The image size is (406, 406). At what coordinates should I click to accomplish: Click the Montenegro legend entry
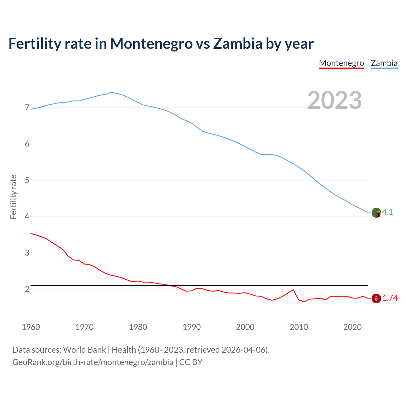(341, 63)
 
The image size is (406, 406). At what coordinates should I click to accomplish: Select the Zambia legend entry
(384, 63)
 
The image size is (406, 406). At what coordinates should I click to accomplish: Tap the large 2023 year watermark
(335, 100)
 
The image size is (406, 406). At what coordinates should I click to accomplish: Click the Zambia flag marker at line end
(376, 213)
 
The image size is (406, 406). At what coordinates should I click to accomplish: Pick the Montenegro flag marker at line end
(376, 298)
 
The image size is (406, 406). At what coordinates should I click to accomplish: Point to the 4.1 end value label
(388, 212)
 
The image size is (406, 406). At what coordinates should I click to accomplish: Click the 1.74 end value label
(390, 298)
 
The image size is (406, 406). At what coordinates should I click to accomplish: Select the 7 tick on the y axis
(27, 108)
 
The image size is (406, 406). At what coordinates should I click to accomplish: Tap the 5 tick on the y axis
(27, 180)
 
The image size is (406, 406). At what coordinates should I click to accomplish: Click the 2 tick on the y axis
(27, 289)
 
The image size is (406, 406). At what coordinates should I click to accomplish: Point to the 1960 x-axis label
(31, 327)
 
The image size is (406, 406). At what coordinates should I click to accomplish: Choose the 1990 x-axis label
(192, 327)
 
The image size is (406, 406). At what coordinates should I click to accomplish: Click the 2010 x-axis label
(299, 327)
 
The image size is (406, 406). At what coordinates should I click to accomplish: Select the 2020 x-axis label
(352, 327)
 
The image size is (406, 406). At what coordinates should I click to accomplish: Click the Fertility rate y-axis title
(13, 197)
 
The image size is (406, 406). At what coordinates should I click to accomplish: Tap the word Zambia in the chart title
(238, 43)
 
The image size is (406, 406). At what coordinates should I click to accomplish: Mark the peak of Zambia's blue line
(111, 92)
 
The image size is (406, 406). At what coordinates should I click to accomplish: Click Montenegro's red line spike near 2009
(293, 290)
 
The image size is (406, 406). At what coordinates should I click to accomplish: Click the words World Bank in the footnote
(84, 350)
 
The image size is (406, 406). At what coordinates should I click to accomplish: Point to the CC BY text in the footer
(191, 362)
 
